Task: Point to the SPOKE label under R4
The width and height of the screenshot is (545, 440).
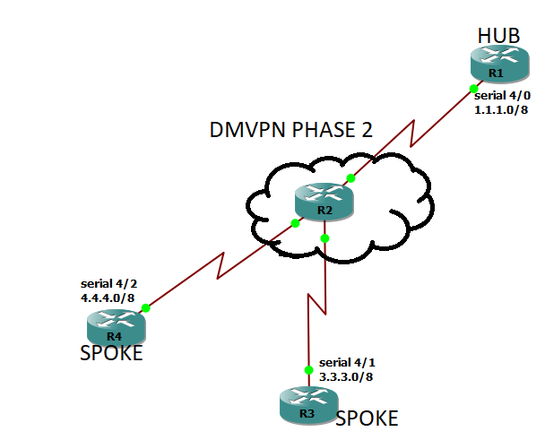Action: [112, 353]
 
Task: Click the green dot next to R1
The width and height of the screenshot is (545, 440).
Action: [472, 88]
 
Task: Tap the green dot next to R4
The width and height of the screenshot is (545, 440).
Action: [145, 306]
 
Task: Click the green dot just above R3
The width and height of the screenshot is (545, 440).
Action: [307, 369]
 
